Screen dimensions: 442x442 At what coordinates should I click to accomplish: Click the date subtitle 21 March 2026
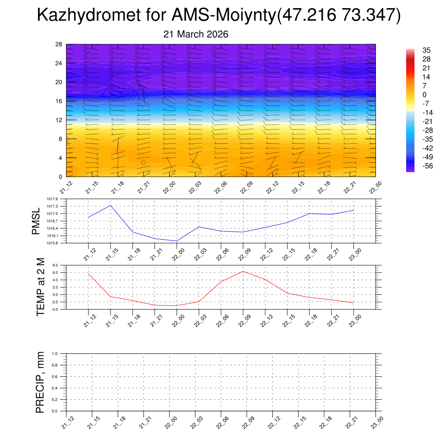click(196, 34)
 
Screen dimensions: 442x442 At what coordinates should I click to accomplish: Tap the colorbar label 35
click(414, 50)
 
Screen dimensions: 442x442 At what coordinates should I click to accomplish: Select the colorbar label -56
click(416, 166)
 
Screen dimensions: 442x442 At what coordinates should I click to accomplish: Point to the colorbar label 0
click(413, 95)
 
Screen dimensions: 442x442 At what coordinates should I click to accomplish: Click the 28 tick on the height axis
click(59, 44)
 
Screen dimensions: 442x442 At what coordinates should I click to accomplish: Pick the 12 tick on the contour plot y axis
click(59, 120)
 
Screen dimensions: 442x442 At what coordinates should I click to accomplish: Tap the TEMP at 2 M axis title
click(41, 287)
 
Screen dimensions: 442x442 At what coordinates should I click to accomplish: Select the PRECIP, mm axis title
click(41, 382)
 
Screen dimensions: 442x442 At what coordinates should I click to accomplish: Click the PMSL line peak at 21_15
click(110, 205)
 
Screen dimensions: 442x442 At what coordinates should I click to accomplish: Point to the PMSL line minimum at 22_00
click(177, 241)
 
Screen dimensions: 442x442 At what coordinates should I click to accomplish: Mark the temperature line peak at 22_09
click(243, 271)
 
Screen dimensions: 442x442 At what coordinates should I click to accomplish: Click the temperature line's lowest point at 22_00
click(177, 306)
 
